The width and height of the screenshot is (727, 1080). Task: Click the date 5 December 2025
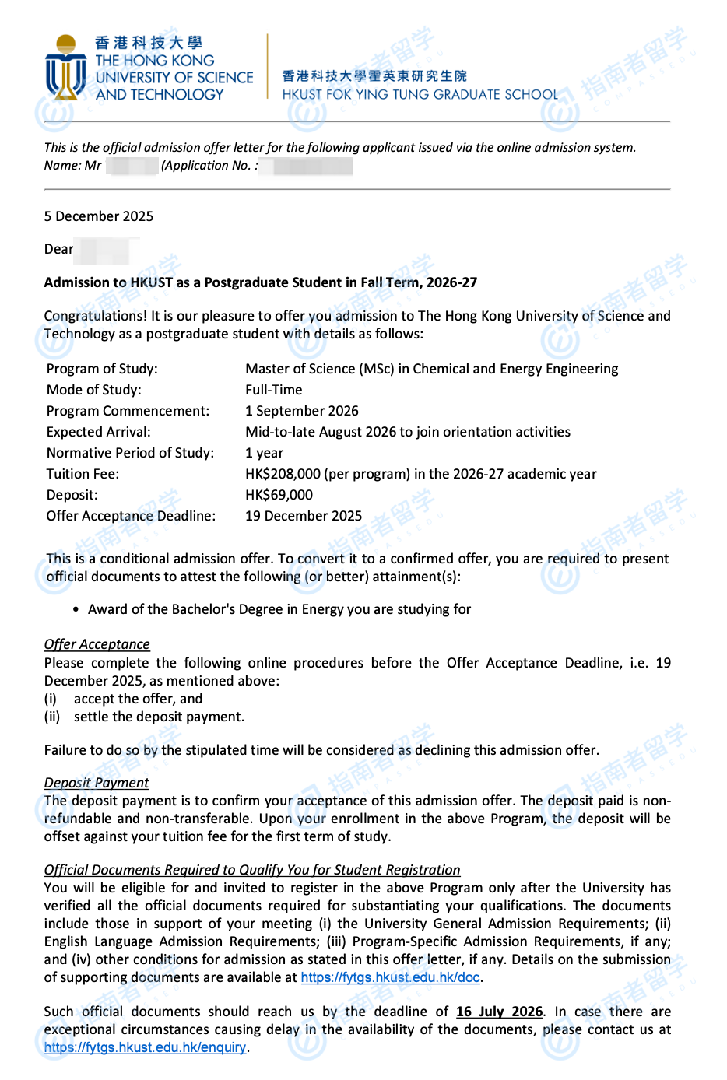click(99, 216)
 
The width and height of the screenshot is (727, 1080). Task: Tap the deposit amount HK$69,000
click(279, 495)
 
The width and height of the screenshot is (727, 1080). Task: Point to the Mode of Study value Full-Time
click(274, 390)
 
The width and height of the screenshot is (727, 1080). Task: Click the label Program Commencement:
click(128, 411)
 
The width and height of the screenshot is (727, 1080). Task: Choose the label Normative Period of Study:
click(130, 453)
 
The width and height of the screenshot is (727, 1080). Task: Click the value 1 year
click(265, 453)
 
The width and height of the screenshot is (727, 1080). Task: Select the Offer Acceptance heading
click(97, 644)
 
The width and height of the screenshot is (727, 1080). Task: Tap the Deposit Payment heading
click(97, 783)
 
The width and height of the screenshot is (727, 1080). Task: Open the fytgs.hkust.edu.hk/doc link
click(390, 977)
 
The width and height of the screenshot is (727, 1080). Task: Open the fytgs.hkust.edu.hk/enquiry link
click(145, 1047)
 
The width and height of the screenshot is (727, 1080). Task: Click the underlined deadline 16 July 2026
click(499, 1012)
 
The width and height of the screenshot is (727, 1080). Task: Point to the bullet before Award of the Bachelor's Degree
click(76, 609)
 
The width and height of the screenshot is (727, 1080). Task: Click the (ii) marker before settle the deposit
click(52, 717)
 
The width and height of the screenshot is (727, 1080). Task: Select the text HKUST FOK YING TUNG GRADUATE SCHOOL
click(420, 95)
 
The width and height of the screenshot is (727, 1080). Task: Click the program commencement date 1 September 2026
click(302, 411)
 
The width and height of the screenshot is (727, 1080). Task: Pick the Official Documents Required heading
click(252, 870)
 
